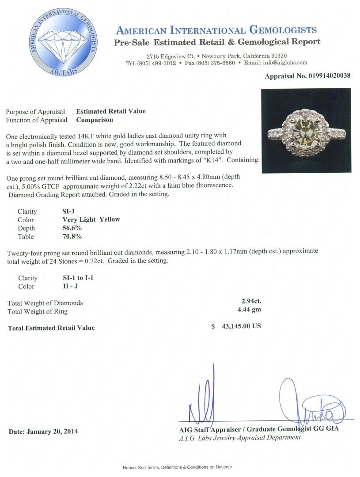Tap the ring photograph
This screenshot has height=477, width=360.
coord(306,130)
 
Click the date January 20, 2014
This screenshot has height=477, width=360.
coord(43,431)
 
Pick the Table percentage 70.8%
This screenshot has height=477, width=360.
coord(72,237)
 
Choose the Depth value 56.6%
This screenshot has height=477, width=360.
coord(72,228)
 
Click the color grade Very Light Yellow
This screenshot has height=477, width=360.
coord(91,220)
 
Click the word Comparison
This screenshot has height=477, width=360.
coord(95,119)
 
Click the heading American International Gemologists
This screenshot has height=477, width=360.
coord(216,30)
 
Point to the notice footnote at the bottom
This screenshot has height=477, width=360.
coord(177,467)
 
